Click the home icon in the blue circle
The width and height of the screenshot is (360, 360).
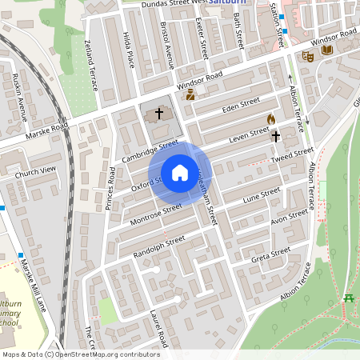(x=179, y=172)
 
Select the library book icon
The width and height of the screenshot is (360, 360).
(x=326, y=50)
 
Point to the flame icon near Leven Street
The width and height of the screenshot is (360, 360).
(x=271, y=118)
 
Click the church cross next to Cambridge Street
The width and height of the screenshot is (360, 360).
(x=158, y=114)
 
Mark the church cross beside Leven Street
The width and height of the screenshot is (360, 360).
(x=276, y=136)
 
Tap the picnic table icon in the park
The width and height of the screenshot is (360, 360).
(x=349, y=298)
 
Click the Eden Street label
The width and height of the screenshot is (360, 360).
(x=242, y=105)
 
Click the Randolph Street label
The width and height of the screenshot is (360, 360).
(x=159, y=242)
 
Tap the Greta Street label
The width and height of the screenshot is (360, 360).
(x=270, y=255)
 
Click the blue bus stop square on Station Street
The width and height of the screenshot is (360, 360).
(x=284, y=31)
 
